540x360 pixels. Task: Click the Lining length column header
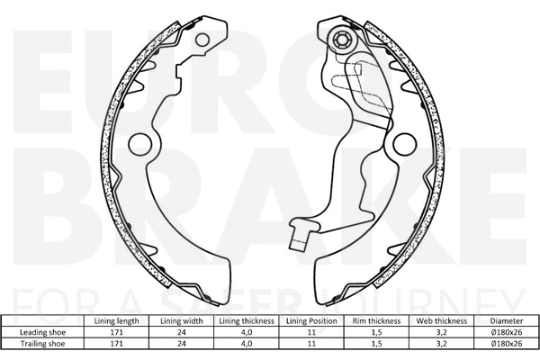(x=116, y=320)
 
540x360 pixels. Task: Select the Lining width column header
(x=181, y=320)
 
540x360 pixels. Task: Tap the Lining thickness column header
(x=246, y=320)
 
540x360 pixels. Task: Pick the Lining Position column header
(x=310, y=320)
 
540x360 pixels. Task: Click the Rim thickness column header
(x=375, y=320)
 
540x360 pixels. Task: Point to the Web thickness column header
(x=440, y=320)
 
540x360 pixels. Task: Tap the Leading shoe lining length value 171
(x=116, y=332)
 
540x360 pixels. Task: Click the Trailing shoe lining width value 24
(x=181, y=344)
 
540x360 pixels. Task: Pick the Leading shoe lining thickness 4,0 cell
(x=246, y=332)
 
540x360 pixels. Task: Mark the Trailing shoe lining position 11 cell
(x=310, y=344)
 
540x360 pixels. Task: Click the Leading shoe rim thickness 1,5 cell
(x=375, y=332)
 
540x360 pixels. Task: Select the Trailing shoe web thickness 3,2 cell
(x=440, y=344)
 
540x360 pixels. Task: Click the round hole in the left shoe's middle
(x=140, y=144)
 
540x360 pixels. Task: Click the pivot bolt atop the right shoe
(x=343, y=40)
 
